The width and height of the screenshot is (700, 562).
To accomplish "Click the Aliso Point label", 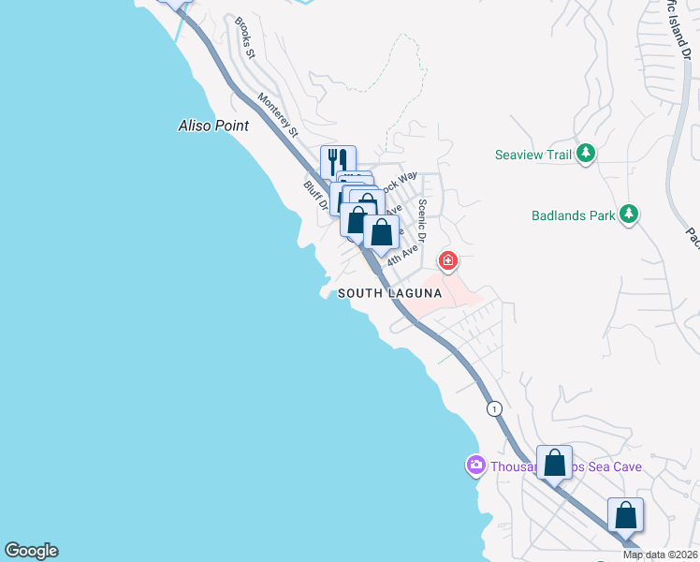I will click(x=213, y=125).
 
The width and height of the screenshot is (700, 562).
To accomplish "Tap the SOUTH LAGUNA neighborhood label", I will click(x=389, y=293).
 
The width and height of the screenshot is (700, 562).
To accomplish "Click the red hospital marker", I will click(x=448, y=260).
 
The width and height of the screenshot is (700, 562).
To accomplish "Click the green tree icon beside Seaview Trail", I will click(x=586, y=152).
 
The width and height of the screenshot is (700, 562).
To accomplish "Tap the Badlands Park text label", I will click(x=574, y=214).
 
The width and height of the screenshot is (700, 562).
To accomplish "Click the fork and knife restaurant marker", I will click(x=338, y=163).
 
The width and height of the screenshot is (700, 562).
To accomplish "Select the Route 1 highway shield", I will click(x=494, y=408).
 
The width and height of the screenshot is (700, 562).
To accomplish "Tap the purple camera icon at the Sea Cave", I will click(x=476, y=466).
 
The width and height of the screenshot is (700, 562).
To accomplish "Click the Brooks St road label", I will click(x=245, y=37).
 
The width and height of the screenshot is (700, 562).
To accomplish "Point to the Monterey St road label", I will click(x=278, y=114).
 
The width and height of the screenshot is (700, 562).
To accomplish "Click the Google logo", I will click(x=31, y=551).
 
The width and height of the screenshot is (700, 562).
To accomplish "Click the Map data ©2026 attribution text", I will click(x=661, y=555).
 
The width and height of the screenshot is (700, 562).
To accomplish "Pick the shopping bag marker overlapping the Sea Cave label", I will click(x=554, y=463).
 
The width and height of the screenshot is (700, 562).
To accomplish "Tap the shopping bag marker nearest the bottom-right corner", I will click(x=625, y=515).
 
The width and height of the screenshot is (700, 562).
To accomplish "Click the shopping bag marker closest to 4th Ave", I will click(x=381, y=232).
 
